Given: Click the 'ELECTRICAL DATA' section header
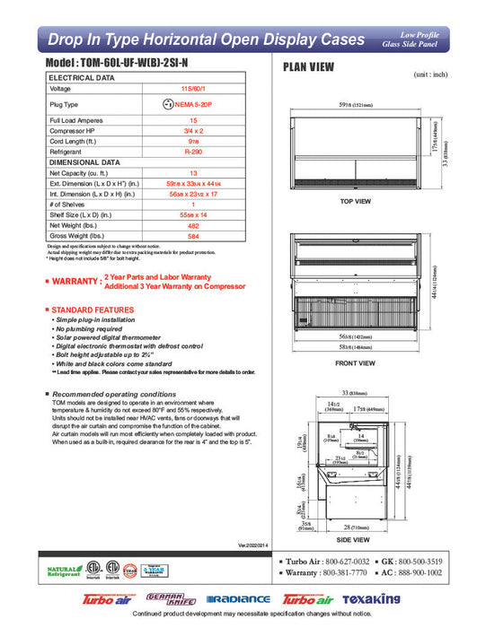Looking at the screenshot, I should (82, 78).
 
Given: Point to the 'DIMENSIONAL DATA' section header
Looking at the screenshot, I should (84, 162).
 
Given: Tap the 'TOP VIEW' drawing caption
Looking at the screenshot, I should (355, 202).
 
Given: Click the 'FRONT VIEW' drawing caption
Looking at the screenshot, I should (355, 363).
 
